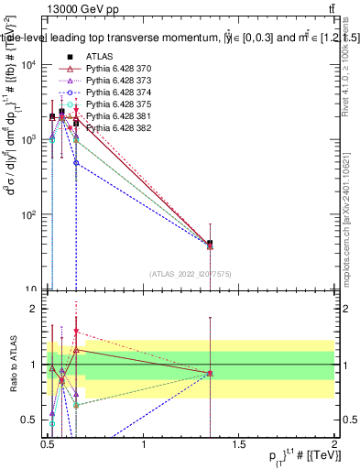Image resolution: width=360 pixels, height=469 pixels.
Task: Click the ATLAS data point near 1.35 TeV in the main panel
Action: coord(211,244)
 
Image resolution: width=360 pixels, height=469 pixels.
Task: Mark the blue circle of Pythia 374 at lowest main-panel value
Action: coord(76,163)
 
